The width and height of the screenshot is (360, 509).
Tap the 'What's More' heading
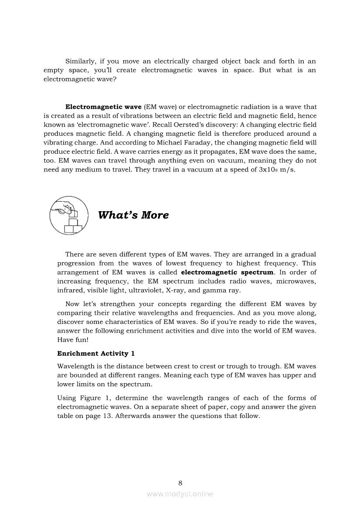(133, 215)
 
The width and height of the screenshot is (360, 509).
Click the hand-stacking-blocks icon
(68, 215)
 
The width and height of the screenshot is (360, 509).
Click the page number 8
(180, 482)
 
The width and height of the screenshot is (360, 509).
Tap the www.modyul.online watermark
(180, 494)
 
